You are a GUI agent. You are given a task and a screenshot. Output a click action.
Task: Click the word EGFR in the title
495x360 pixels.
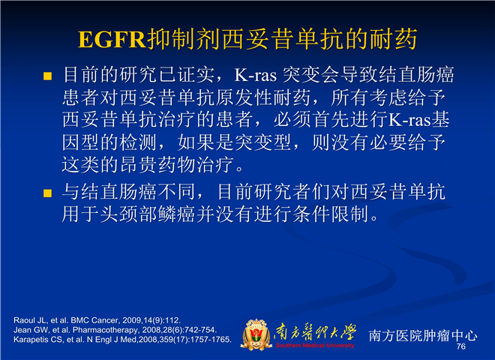tap(112, 40)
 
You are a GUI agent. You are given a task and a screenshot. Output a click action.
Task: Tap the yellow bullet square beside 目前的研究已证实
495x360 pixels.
tap(47, 76)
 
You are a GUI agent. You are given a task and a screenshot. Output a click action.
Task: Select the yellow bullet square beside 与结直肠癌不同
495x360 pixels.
tap(47, 193)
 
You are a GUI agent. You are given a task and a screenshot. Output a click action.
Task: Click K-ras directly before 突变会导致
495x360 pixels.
tap(256, 76)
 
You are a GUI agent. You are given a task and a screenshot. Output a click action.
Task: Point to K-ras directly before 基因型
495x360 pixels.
tap(409, 120)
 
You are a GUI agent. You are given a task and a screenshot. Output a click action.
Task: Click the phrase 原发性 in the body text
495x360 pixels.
tap(244, 97)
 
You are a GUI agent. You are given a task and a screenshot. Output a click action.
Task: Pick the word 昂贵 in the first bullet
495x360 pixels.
tap(139, 165)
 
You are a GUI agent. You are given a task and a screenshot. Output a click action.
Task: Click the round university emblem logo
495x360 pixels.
tap(256, 334)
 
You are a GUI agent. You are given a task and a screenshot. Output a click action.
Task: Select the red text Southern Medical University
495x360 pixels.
tap(315, 346)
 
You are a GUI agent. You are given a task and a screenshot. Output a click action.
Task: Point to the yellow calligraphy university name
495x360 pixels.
tap(315, 332)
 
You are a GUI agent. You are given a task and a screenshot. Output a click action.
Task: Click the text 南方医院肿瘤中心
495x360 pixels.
tap(423, 336)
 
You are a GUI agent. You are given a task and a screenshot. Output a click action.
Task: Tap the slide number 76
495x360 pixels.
tap(461, 346)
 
